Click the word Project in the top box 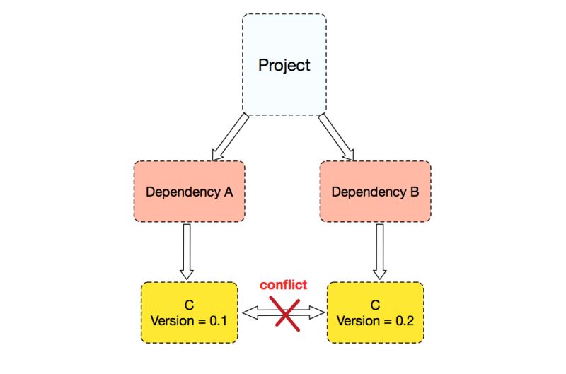(284, 65)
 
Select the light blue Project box (284, 64)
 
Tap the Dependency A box (190, 192)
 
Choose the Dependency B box (376, 192)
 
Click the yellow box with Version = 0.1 (190, 312)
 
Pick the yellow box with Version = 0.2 (376, 312)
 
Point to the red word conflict (284, 284)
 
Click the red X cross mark (285, 313)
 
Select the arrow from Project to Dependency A (231, 137)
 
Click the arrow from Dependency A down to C (187, 252)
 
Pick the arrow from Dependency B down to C (380, 252)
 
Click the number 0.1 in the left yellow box (219, 321)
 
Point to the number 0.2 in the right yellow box (405, 321)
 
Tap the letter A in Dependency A (228, 192)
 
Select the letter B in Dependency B (415, 192)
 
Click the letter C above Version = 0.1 (189, 305)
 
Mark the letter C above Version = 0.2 (376, 305)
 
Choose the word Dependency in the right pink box (369, 192)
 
